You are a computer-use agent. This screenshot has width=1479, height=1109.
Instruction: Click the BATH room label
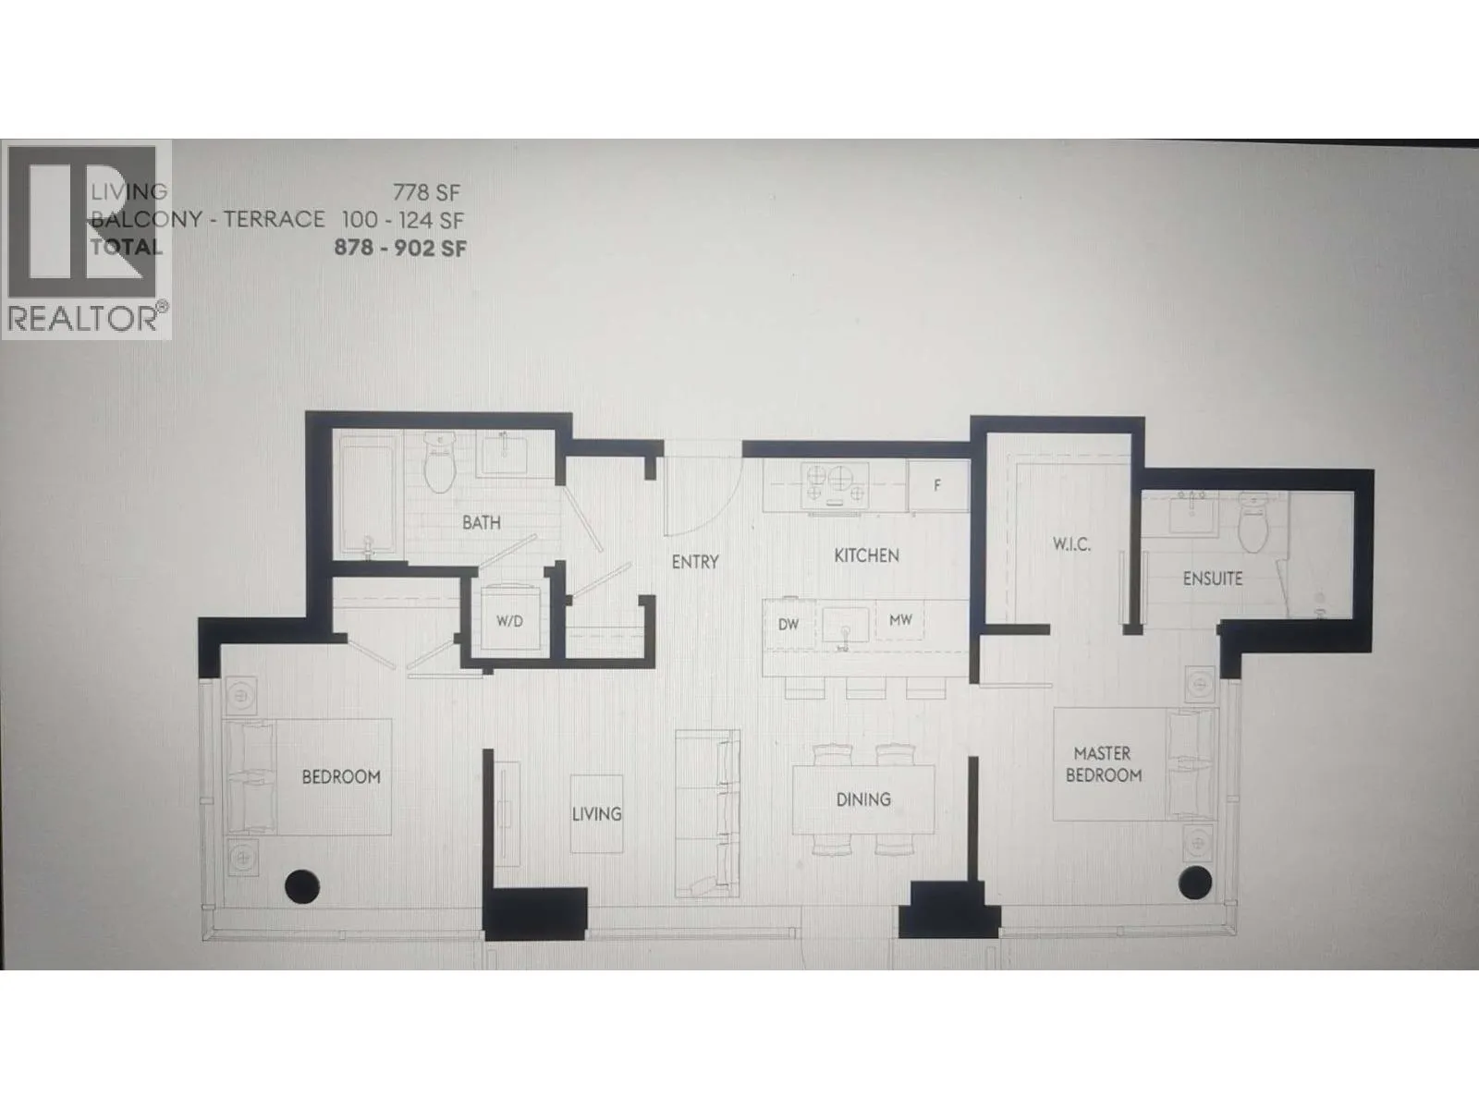click(481, 522)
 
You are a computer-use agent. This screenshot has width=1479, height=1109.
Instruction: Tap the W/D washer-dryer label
click(509, 621)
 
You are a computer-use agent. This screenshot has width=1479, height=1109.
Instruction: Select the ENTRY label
click(695, 562)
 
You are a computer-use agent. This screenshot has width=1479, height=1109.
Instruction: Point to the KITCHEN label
click(866, 555)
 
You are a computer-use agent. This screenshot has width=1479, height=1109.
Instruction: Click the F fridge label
click(936, 485)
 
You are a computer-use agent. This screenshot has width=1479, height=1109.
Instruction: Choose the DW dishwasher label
click(788, 624)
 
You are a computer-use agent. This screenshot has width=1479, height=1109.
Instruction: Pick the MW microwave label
click(900, 620)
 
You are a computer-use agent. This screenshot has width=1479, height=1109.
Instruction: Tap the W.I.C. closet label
click(1071, 544)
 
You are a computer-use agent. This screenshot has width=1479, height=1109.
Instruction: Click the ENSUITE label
click(1213, 579)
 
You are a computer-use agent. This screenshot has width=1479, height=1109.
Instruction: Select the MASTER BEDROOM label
click(1104, 764)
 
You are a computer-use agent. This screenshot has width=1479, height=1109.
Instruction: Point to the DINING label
click(863, 799)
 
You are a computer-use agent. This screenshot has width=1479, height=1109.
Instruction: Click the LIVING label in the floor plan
click(596, 814)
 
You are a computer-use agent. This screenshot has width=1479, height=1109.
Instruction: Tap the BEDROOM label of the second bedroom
click(341, 777)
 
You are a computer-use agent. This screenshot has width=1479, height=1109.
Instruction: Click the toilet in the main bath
click(440, 462)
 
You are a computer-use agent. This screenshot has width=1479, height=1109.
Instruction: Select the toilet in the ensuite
click(1253, 522)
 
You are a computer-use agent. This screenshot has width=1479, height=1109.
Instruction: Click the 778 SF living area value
click(426, 193)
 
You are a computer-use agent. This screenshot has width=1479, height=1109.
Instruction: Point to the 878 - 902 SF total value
click(400, 248)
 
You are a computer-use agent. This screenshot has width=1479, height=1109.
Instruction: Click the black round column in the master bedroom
click(1195, 883)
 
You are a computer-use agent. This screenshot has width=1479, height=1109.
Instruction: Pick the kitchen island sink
click(846, 627)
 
